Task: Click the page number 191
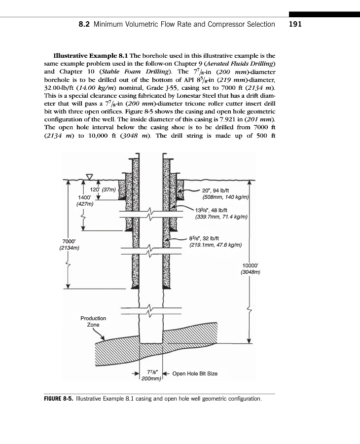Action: (x=295, y=24)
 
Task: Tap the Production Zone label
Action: (x=93, y=321)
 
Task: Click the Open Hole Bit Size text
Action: (x=195, y=373)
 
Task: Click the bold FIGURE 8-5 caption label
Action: (x=56, y=398)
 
